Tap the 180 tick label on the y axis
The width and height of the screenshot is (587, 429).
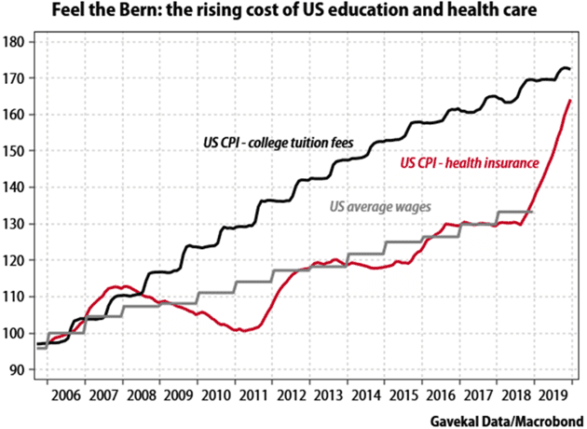click(15, 42)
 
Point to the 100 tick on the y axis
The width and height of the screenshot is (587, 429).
click(15, 333)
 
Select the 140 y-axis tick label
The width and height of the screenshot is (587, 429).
click(15, 187)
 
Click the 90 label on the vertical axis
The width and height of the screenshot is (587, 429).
click(18, 369)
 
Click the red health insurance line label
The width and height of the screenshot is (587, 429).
click(470, 163)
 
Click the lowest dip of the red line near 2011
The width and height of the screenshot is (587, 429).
click(242, 330)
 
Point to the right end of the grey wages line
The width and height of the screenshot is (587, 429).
click(533, 213)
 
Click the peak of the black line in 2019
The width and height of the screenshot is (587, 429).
click(563, 67)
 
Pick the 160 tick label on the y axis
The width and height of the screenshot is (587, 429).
click(15, 115)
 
